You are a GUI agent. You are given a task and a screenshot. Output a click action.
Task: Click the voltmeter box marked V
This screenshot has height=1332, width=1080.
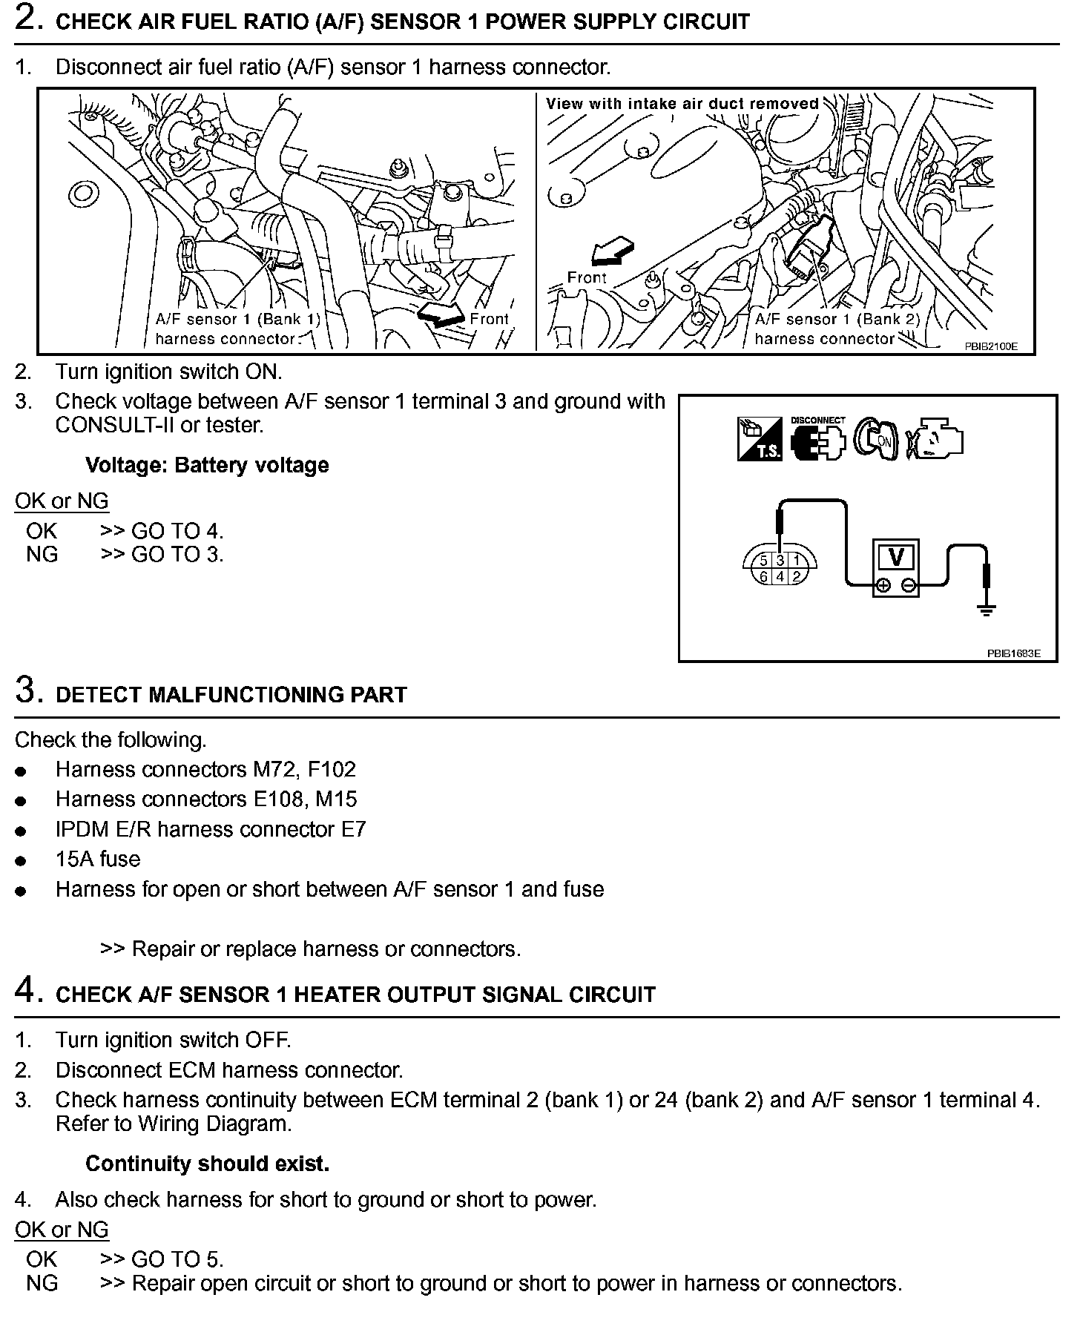coord(895,567)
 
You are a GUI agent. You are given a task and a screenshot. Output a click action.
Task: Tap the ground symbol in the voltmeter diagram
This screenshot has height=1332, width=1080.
coord(986,610)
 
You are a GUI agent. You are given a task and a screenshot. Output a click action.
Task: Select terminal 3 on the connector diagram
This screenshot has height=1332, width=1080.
coord(780,561)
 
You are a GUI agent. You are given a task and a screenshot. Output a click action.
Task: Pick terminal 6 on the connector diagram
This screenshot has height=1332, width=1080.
coord(764,576)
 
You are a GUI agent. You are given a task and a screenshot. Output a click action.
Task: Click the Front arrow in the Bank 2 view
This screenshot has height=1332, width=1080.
coord(613,253)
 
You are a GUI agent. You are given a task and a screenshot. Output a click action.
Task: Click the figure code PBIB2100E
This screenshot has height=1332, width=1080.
coord(990,346)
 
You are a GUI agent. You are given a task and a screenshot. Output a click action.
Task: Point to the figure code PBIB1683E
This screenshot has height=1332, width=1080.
coord(1013,653)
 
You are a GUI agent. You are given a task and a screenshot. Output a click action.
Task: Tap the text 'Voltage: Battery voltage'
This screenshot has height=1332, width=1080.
coord(207,465)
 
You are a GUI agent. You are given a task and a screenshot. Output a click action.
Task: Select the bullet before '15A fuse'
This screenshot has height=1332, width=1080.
coord(21,861)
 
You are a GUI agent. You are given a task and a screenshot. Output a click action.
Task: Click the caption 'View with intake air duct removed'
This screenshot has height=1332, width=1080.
coord(682,104)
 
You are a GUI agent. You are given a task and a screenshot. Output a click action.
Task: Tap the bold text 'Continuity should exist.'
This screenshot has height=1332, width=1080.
coord(207,1164)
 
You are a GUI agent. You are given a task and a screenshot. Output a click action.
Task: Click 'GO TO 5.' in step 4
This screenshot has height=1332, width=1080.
coord(177,1259)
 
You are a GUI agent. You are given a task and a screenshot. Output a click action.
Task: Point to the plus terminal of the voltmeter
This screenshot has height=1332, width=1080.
coord(883,586)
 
